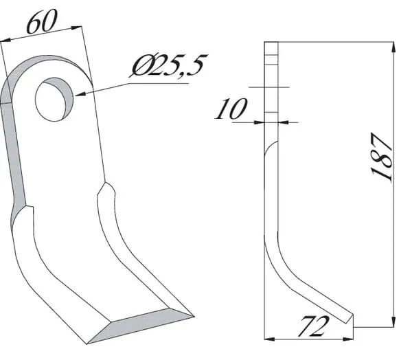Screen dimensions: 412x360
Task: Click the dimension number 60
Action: (41, 21)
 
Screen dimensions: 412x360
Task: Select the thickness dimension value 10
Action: (231, 109)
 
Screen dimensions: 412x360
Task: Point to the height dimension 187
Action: (382, 157)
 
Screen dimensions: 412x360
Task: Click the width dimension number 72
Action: (313, 326)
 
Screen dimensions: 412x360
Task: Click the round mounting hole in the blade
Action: (55, 99)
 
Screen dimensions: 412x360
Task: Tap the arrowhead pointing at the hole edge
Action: (80, 93)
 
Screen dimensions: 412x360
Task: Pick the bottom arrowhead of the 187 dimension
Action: (393, 322)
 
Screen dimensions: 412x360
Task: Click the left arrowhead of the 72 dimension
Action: (269, 339)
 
